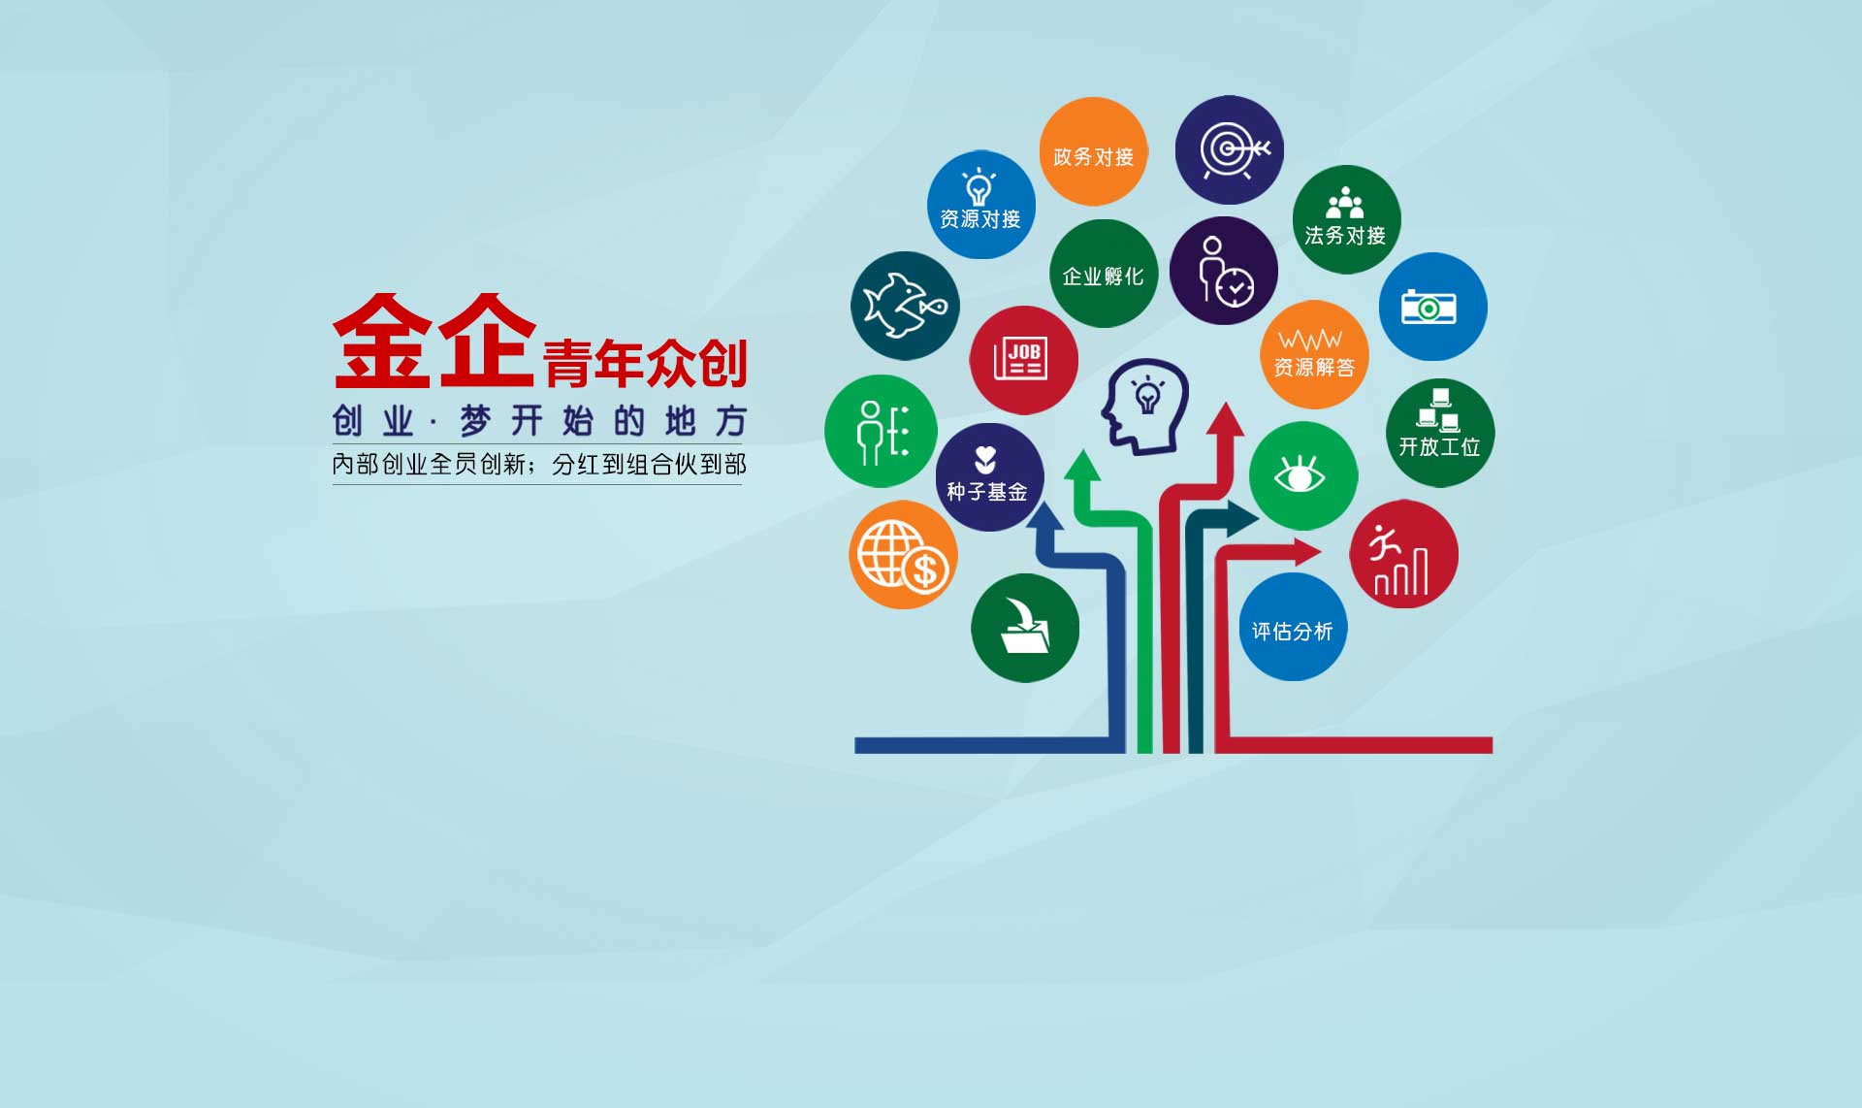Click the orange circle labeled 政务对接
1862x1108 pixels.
1093,151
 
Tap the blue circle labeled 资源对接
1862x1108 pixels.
980,205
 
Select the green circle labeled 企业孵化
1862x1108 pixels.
1104,274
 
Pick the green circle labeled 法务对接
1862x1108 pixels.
1346,219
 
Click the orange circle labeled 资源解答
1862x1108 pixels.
1314,354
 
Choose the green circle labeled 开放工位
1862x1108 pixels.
1440,433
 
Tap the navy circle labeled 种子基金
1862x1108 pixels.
989,476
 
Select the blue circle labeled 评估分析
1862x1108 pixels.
1293,627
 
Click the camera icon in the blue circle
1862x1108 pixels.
1429,308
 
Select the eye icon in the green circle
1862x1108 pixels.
1300,474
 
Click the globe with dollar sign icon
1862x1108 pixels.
904,556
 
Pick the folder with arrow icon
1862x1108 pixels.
1024,626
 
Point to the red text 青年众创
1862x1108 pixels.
645,363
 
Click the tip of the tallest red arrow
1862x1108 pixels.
1227,402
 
